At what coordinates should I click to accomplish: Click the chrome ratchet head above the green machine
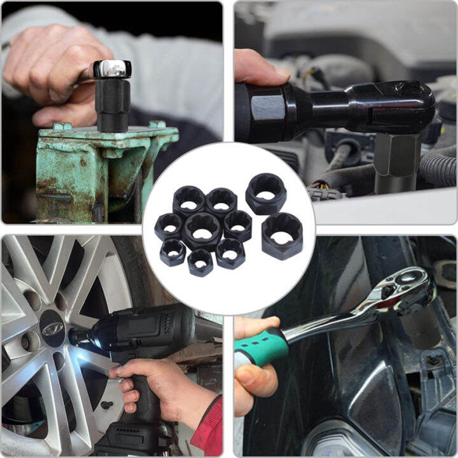tap(112, 69)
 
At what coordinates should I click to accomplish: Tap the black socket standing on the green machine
tap(113, 104)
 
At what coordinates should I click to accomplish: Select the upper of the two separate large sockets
tap(266, 193)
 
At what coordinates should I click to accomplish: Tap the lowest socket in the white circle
tap(200, 261)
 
